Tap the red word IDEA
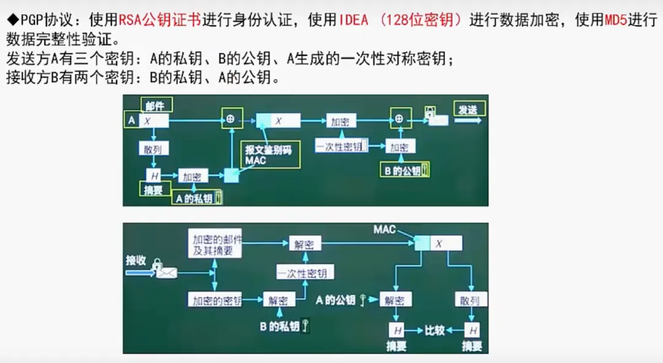354,20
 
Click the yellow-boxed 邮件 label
156,105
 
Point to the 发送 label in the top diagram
468,110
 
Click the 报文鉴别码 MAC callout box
270,155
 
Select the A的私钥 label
195,198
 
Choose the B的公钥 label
403,171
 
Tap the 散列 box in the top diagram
154,149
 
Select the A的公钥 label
336,300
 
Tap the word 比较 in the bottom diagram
435,331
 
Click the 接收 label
136,259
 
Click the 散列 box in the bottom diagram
471,300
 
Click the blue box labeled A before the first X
131,121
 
